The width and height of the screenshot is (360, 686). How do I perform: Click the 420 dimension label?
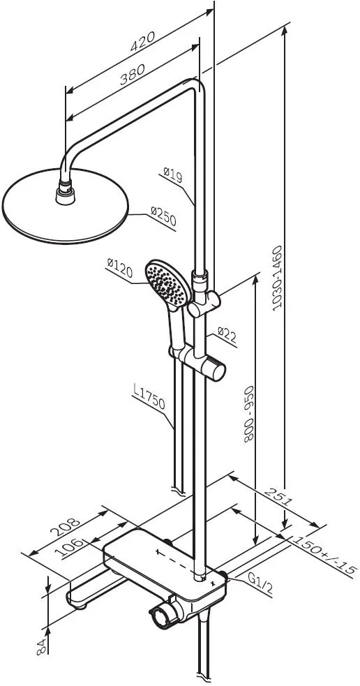click(x=142, y=41)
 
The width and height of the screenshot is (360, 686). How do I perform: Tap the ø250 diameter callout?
click(x=163, y=216)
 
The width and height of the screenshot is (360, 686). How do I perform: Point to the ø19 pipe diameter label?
click(x=173, y=175)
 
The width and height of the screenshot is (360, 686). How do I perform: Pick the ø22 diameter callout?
click(x=227, y=335)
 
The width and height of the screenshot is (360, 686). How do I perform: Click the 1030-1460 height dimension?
click(x=277, y=278)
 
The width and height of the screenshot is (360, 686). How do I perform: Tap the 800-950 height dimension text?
click(x=248, y=413)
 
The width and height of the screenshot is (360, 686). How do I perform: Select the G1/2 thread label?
click(x=260, y=583)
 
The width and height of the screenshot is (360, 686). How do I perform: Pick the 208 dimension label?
click(x=66, y=527)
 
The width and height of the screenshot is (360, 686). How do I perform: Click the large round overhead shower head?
click(x=66, y=206)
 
